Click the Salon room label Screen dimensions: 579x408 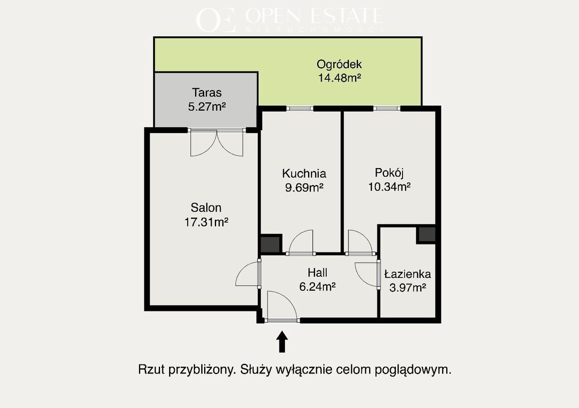206,208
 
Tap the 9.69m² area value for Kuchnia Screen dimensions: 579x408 304,188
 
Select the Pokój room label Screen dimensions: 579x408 389,173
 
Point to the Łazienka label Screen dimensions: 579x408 407,274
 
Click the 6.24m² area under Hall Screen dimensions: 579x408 317,287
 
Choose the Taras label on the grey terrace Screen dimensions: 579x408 207,92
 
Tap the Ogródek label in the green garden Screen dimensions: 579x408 339,65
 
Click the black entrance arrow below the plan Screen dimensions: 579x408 282,341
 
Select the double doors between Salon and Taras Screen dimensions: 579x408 217,143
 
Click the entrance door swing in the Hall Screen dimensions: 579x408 282,306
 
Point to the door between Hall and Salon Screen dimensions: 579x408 248,273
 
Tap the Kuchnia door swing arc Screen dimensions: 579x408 301,242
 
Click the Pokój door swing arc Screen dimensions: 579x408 360,242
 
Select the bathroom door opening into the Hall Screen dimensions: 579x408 367,274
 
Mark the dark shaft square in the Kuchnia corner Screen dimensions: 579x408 271,244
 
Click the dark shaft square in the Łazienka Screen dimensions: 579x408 426,235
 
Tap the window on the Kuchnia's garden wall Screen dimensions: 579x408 300,109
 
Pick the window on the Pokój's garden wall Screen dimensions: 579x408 387,109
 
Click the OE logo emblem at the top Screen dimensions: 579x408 215,20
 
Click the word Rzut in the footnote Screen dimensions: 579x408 150,369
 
